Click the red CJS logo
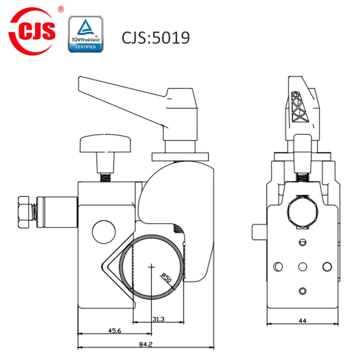pyautogui.click(x=32, y=31)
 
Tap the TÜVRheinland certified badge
pyautogui.click(x=85, y=34)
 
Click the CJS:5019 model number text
pyautogui.click(x=156, y=37)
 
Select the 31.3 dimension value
pyautogui.click(x=159, y=319)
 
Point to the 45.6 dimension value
pyautogui.click(x=115, y=331)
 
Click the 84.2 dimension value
pyautogui.click(x=146, y=344)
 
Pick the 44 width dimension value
pyautogui.click(x=302, y=321)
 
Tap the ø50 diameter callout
pyautogui.click(x=167, y=277)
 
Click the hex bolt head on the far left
pyautogui.click(x=24, y=212)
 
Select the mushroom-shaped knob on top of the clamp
pyautogui.click(x=106, y=144)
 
